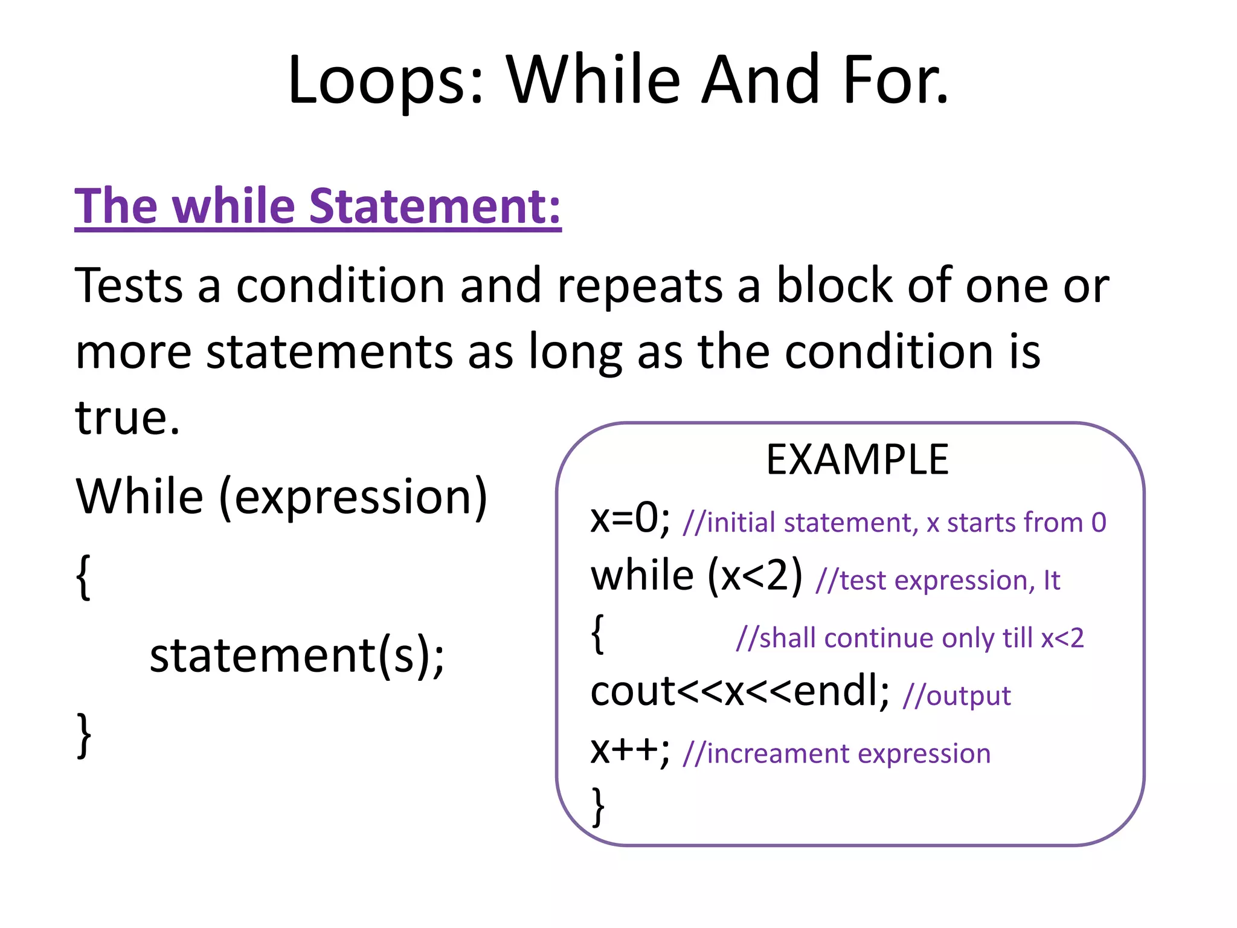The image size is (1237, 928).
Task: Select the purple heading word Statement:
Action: click(435, 207)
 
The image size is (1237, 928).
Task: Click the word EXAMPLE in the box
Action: click(857, 460)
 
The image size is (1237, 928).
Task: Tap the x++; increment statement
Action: click(630, 750)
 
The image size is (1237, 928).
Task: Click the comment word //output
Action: click(957, 696)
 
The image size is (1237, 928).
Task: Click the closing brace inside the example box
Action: click(598, 806)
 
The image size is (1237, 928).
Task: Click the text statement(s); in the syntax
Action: click(297, 656)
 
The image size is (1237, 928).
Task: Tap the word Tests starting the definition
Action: click(129, 285)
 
